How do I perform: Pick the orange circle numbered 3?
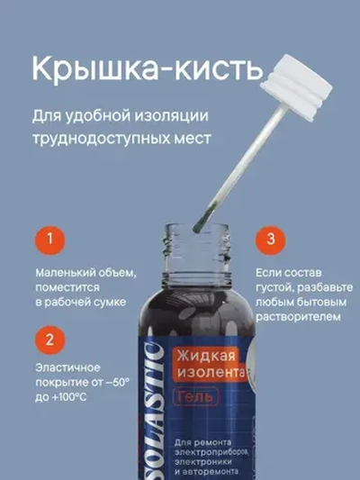(x=267, y=240)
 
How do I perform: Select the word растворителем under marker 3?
(x=295, y=318)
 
